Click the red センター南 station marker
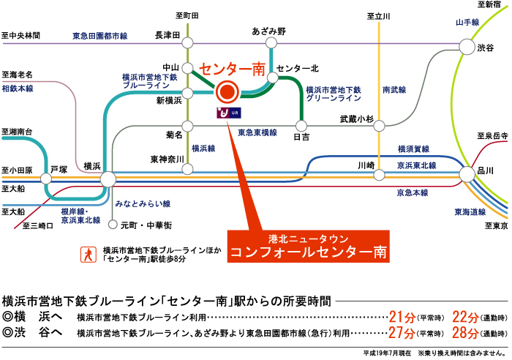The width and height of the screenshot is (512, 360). pos(227,92)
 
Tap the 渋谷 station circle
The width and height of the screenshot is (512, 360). pos(465,47)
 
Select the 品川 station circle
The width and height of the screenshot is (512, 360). pos(466,173)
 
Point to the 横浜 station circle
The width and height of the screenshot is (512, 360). pos(108,178)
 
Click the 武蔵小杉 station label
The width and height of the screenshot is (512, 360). pos(356,119)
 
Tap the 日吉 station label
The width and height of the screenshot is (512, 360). pos(301,136)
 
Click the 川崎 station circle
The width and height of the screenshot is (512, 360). pos(379,175)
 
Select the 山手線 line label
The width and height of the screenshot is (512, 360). pos(467,23)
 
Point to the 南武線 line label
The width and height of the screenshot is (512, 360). pos(395,91)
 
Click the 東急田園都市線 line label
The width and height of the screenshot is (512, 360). pos(100,35)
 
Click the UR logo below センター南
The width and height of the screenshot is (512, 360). pos(227,113)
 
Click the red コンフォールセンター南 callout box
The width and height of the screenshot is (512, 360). pos(307,247)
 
